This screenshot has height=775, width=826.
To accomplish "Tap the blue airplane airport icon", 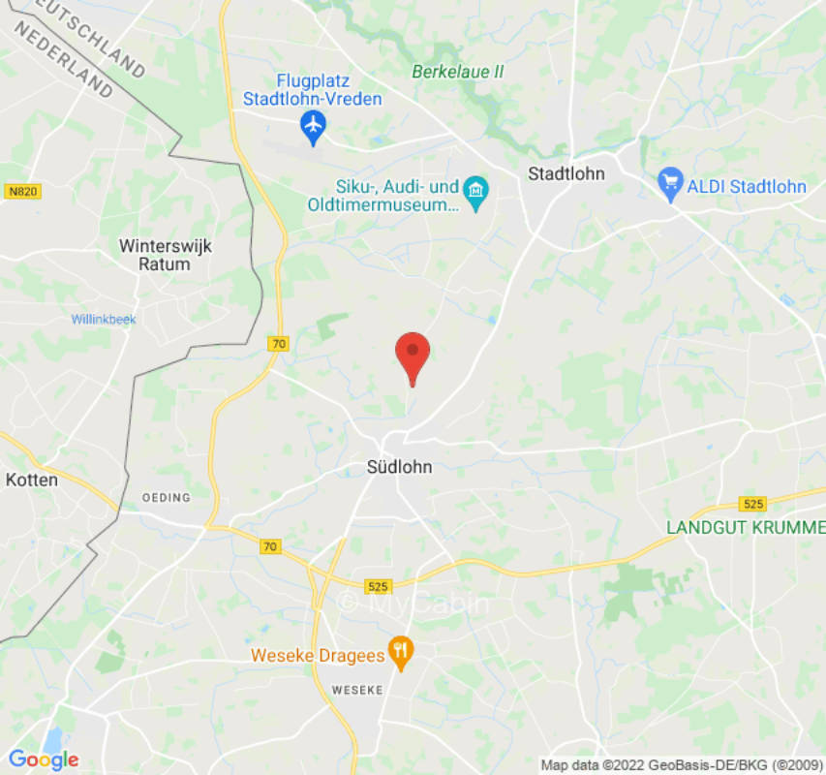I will coord(312,125).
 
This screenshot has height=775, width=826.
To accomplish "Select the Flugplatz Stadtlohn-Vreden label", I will coord(312,90).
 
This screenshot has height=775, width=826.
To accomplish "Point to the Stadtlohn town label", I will coord(566,174).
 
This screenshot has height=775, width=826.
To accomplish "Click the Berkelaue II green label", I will coord(457,72).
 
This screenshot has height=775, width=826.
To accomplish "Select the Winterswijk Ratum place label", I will coord(165,255).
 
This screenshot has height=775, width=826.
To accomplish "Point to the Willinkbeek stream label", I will coord(104,320).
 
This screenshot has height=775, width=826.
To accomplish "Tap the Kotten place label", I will coord(32,480).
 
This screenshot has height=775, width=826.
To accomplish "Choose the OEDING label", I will coord(167,498).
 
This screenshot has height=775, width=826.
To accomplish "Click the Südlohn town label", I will coord(399,467).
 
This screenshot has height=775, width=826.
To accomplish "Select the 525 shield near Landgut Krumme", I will coord(752,504).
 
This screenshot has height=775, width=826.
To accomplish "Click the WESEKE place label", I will coord(357,690).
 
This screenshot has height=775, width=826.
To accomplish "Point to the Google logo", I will coord(44,759).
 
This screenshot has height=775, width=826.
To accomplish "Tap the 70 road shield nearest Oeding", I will coord(270,546).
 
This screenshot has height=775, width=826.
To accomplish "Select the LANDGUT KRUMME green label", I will coord(745,528).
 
